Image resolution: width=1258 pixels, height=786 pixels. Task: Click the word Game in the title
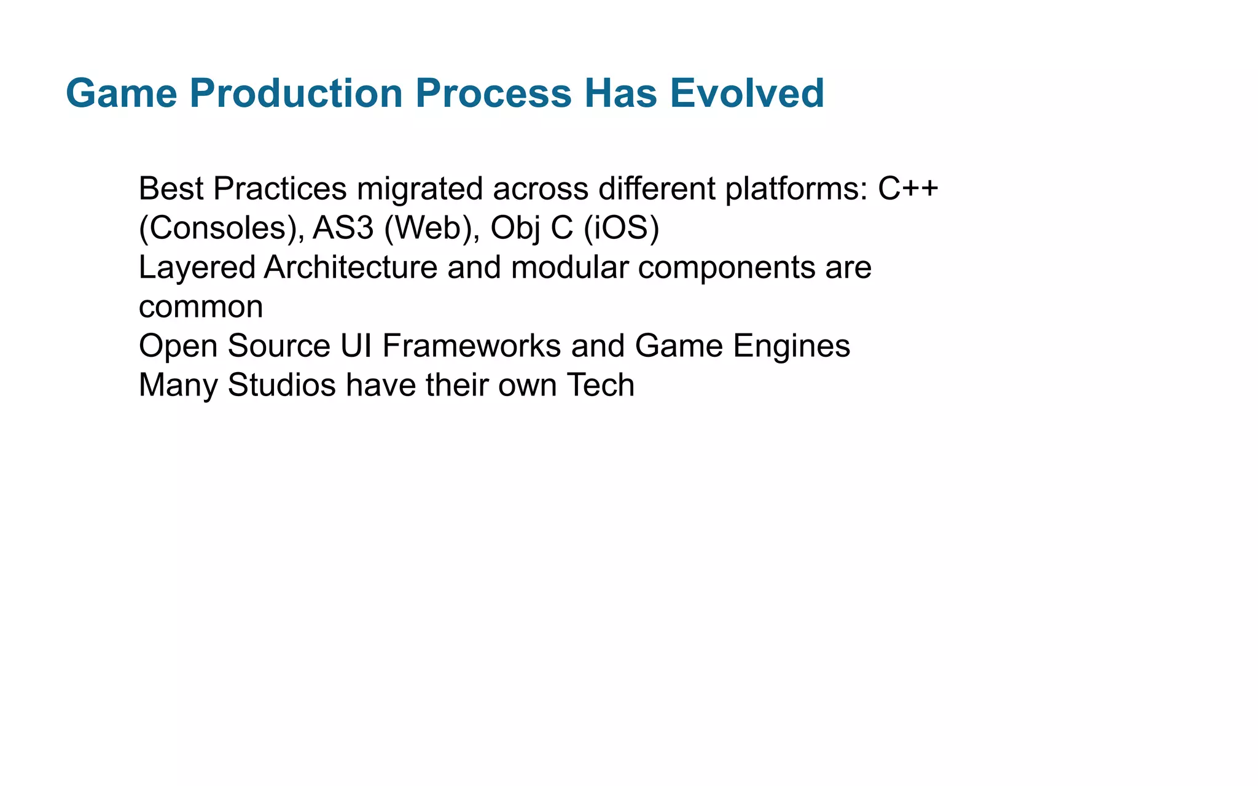[121, 93]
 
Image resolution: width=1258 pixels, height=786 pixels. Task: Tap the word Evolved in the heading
[746, 93]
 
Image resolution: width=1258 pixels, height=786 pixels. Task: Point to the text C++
[908, 189]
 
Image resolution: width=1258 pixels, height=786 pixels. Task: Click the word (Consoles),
[221, 228]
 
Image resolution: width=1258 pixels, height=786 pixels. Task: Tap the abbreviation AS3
[343, 228]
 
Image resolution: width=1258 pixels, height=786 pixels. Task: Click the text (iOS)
[621, 228]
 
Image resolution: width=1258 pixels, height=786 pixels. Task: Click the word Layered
[197, 268]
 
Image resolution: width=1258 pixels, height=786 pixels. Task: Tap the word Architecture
[350, 268]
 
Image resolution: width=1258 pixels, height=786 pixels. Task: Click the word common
[201, 307]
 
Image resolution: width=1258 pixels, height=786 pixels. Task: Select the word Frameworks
[471, 346]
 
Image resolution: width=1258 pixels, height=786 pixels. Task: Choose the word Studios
[281, 385]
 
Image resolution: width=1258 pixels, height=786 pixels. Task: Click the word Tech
[600, 385]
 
